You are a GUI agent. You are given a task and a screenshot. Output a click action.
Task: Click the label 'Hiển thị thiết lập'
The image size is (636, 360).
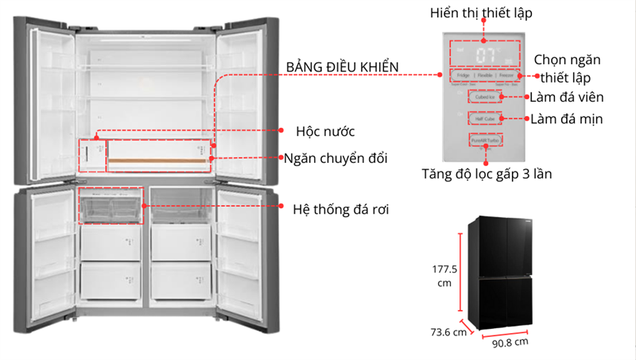pos(481,13)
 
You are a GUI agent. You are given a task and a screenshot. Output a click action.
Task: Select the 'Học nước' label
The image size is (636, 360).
pos(325,130)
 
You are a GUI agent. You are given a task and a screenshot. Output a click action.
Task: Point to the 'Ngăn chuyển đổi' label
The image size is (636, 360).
pos(337,158)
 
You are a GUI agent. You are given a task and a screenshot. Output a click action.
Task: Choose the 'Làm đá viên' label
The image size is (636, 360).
pos(567,98)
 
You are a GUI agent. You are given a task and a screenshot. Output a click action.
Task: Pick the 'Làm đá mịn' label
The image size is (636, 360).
pos(567,119)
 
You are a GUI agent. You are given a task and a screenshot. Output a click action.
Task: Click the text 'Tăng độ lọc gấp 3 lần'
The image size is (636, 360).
pos(487,172)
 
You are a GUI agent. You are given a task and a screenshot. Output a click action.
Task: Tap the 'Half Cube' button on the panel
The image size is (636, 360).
pos(485,118)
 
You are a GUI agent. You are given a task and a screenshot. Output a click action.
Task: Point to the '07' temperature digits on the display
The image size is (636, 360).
pos(487,55)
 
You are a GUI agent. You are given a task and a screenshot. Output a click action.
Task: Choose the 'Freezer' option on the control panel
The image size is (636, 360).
pos(510,76)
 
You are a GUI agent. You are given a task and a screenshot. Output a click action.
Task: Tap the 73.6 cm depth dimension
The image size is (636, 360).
pos(445,332)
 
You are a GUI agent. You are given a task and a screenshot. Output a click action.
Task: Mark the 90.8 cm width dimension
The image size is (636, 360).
pos(510,343)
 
